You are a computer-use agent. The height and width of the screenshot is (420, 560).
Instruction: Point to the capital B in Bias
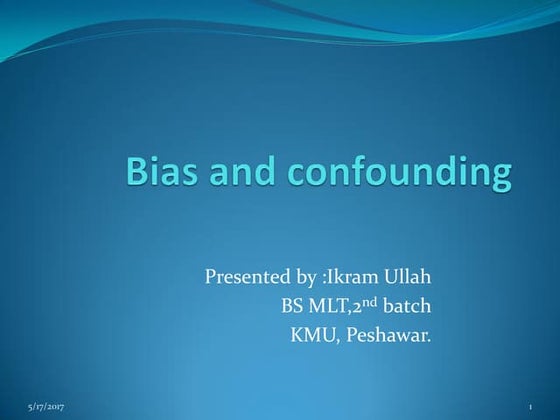tap(138, 173)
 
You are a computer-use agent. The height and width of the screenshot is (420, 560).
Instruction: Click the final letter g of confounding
tap(500, 179)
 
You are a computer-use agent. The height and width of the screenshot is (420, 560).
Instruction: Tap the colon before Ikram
tap(318, 277)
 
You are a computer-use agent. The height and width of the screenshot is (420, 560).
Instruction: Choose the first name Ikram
tap(345, 275)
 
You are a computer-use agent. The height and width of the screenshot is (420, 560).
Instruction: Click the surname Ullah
tap(405, 275)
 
